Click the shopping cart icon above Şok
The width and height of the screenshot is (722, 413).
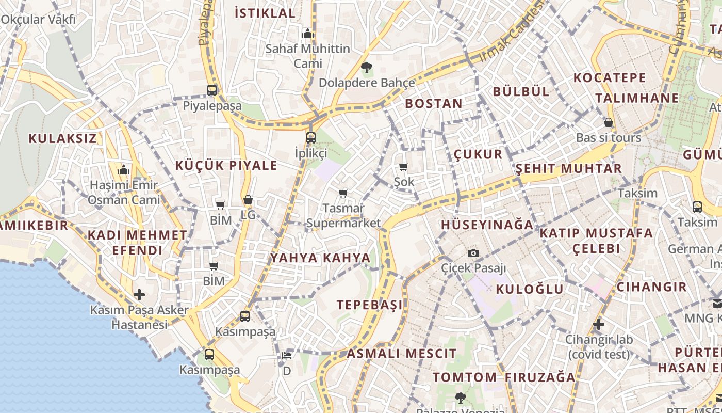403,167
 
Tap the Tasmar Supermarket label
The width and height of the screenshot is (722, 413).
343,216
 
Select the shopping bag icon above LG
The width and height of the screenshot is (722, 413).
248,200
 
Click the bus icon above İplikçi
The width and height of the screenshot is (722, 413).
310,138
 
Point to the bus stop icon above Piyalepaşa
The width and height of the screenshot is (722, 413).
212,90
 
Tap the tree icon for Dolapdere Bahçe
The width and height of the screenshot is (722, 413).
367,67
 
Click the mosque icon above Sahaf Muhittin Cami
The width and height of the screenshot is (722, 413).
308,34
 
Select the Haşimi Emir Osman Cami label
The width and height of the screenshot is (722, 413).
124,192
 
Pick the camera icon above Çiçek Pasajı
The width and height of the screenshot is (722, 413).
473,253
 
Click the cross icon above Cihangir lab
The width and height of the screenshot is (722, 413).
598,324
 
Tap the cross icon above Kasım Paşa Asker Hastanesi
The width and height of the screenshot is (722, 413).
139,295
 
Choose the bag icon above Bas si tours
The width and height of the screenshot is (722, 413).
609,122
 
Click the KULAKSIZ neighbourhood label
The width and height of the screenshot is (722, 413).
62,138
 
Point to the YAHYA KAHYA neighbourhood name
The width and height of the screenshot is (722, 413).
320,258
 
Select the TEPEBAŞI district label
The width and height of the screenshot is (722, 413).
370,305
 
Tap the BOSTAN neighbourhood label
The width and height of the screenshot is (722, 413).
434,103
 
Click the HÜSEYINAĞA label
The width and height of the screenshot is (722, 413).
487,225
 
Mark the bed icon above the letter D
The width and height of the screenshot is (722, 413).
287,355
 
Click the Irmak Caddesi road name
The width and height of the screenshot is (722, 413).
512,32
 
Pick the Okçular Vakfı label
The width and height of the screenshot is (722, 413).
38,20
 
